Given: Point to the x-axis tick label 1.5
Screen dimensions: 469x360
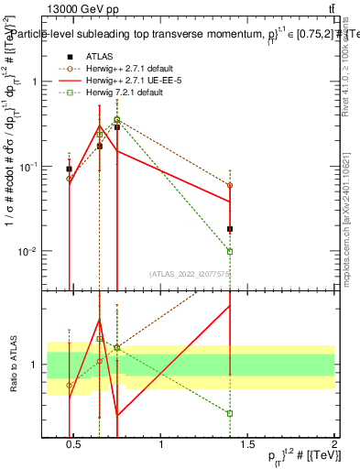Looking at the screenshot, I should point(248,451).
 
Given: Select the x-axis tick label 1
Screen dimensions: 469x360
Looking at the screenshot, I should point(161,451).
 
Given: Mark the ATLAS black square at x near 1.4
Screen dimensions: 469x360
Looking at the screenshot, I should point(230,229).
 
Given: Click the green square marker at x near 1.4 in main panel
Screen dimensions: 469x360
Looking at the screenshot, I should point(230,251).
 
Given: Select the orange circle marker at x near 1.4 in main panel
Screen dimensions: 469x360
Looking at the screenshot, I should point(230,185).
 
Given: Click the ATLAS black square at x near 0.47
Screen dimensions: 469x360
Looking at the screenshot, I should point(70,169).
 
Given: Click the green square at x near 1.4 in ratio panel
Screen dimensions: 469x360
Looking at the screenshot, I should point(230,414).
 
